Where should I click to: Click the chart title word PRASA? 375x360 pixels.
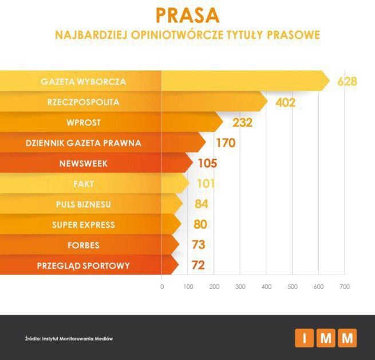coord(187,14)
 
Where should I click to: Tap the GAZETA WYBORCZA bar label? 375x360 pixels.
coord(84,81)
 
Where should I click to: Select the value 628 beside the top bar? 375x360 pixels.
coord(347,81)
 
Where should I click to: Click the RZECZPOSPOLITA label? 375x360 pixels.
coord(84,102)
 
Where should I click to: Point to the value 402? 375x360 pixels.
coord(285,103)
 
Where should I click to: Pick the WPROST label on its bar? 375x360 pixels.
coord(84,123)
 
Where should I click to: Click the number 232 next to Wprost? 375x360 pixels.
coord(242,123)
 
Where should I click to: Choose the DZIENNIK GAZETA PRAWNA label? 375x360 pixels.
coord(84,143)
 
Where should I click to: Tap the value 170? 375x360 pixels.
coord(225,143)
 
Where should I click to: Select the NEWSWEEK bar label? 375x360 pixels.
coord(84,163)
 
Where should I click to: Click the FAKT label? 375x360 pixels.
coord(84,183)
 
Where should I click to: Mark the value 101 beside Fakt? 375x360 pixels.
coord(205,184)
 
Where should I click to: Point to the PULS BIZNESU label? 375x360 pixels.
coord(84,204)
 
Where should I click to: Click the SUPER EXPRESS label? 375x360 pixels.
coord(84,225)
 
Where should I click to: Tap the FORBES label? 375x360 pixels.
coord(84,245)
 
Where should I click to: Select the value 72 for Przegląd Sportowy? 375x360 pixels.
coord(198,265)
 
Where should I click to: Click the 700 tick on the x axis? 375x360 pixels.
coord(344,286)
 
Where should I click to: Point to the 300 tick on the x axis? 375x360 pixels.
coord(240,286)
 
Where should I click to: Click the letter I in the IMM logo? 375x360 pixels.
coord(305,338)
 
